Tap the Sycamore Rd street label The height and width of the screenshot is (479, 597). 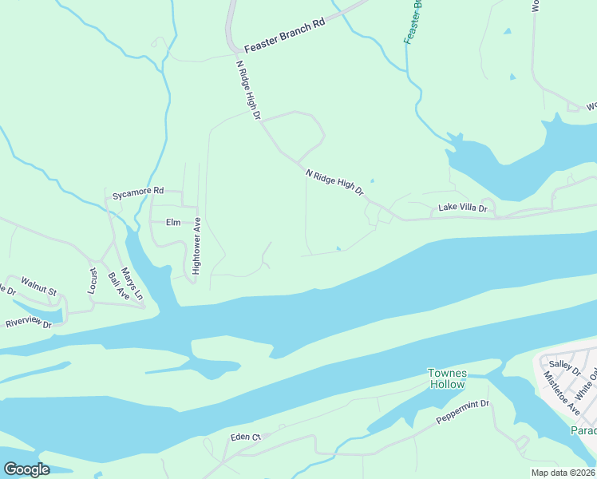[x=137, y=192]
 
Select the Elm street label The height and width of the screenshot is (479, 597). [x=173, y=223]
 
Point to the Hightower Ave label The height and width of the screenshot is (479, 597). [x=196, y=247]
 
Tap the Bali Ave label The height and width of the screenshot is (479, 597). [x=117, y=284]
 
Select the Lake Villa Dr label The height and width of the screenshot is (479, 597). [x=462, y=208]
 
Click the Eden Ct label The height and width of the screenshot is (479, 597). [x=245, y=437]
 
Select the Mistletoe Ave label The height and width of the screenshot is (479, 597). [x=561, y=392]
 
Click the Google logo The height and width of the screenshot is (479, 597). [x=26, y=469]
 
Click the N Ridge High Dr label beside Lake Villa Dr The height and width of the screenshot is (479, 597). [x=334, y=183]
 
